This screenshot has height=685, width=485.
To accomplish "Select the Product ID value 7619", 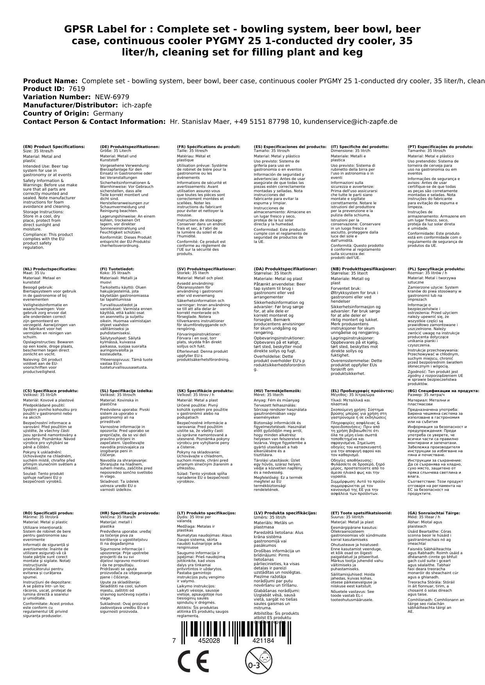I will (77, 89).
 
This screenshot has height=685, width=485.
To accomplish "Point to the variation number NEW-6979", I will (112, 97).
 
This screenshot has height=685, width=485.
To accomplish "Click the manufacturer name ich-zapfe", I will (137, 105).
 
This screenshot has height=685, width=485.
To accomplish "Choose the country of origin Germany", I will (108, 113).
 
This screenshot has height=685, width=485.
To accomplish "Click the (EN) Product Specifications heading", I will (54, 147).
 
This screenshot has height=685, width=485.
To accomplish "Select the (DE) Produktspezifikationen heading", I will (130, 147).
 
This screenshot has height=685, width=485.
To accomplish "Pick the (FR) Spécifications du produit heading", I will (208, 147).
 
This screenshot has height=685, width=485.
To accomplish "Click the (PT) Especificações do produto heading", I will (440, 147).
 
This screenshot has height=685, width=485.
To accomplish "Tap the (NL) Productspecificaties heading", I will (50, 269).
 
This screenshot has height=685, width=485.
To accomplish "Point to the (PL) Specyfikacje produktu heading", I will (436, 269).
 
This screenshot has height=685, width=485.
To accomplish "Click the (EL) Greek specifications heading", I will (362, 391).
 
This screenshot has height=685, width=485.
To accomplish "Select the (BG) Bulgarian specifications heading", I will (443, 391).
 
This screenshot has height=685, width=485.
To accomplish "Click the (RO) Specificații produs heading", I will (48, 513).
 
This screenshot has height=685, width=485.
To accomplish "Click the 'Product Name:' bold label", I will (50, 81).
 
